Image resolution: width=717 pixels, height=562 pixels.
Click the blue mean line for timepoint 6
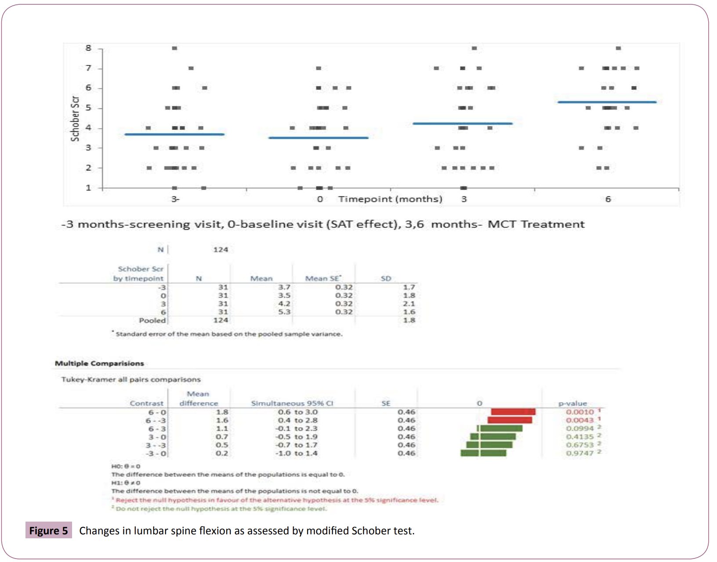[607, 102]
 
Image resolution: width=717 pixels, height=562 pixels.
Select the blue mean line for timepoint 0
[319, 138]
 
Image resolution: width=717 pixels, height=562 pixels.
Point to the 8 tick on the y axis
[89, 48]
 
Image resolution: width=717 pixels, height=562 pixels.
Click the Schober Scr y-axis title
[75, 119]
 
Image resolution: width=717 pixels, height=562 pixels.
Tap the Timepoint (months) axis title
[390, 199]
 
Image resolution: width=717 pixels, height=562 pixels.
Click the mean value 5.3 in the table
[284, 312]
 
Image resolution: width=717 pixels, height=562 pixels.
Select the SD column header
[386, 278]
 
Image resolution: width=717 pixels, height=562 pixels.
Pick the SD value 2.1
[409, 303]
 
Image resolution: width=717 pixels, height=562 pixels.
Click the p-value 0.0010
[579, 412]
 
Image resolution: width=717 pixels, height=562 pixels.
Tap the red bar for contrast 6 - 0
[513, 412]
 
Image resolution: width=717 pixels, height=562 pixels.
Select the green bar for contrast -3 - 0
[483, 453]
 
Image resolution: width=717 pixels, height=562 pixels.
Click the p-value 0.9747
[579, 453]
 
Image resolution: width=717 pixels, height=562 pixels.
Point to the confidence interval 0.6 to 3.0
[297, 412]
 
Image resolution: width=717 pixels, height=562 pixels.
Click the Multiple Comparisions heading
[99, 363]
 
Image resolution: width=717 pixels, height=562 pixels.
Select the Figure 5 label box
[48, 530]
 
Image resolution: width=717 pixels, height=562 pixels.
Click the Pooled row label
[152, 320]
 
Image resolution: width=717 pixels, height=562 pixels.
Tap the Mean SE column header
[322, 278]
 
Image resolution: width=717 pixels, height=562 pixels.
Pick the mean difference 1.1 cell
[222, 429]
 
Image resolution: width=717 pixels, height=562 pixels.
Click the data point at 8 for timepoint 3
[474, 48]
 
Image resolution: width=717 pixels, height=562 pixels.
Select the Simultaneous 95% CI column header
[292, 403]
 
